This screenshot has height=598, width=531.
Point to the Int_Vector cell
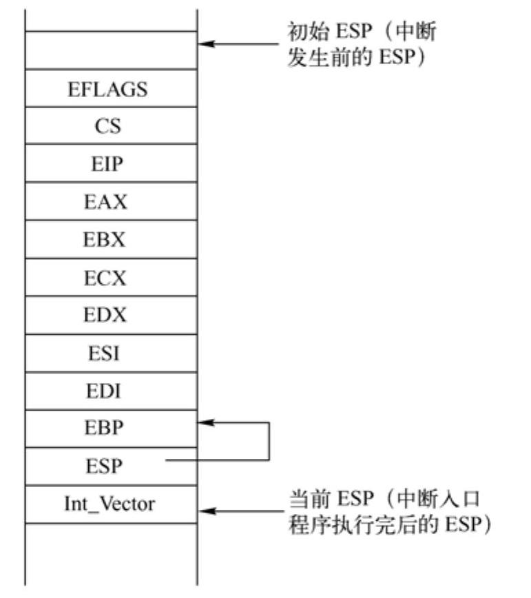point(110,504)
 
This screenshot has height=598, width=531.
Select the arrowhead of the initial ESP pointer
point(205,45)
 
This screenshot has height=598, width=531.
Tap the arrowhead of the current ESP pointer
point(205,512)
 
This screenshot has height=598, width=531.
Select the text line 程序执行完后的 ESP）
point(388,525)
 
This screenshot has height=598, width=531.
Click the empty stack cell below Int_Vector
point(110,551)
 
